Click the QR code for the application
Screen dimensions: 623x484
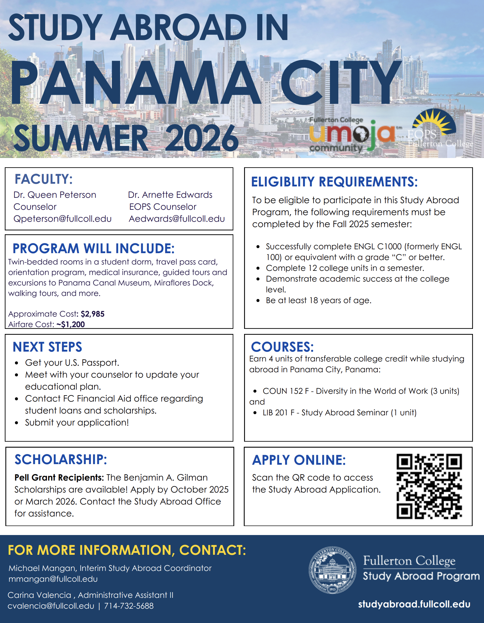coord(429,486)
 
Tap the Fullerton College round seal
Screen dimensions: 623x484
coord(332,570)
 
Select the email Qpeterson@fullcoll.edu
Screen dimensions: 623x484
coord(63,219)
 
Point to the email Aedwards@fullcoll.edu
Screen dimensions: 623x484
coord(177,219)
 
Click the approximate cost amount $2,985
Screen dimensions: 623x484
coord(92,314)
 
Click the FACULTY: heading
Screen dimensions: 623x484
coord(44,179)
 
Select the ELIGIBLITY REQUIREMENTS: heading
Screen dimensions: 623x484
coord(334,182)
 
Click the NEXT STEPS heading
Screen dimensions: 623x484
coord(47,347)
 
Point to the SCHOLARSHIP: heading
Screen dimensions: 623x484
coord(61,460)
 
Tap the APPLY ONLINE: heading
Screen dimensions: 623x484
coord(299,460)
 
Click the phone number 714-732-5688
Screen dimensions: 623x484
coord(129,606)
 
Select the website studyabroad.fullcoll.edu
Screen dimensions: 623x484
coord(414,604)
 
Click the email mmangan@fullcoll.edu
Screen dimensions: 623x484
coord(53,579)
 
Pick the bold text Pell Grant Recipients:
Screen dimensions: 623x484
coord(59,478)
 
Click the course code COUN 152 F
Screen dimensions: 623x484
coord(286,391)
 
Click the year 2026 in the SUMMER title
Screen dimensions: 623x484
coord(201,138)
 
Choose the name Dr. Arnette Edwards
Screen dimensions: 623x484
coord(170,195)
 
